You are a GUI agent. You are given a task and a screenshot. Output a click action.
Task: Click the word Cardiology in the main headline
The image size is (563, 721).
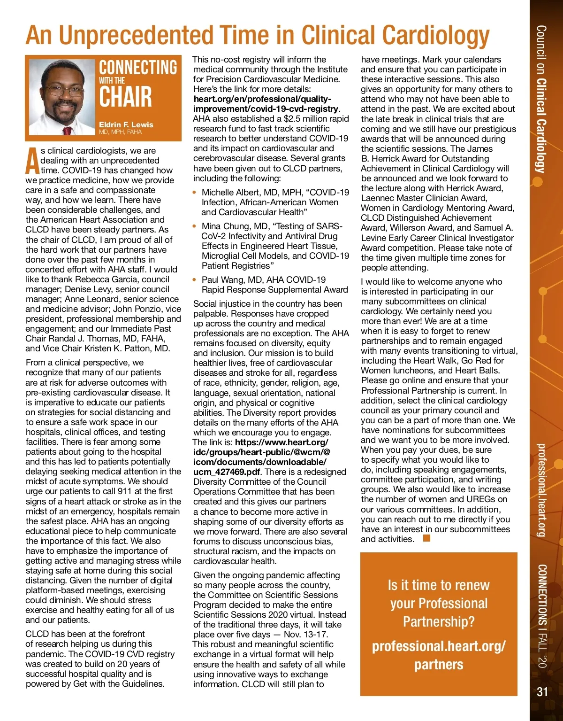pyautogui.click(x=436, y=36)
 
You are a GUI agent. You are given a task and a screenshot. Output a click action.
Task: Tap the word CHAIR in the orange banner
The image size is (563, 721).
pyautogui.click(x=125, y=97)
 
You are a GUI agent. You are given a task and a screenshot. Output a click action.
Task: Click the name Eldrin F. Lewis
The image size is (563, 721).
pyautogui.click(x=126, y=124)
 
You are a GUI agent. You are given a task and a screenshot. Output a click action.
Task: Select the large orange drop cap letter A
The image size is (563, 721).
pyautogui.click(x=32, y=161)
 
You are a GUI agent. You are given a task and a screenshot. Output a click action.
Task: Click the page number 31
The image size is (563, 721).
pyautogui.click(x=542, y=691)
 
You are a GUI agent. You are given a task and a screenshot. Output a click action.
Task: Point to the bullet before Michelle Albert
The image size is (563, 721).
pyautogui.click(x=195, y=193)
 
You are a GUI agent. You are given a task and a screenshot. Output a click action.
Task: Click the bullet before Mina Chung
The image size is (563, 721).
pyautogui.click(x=195, y=226)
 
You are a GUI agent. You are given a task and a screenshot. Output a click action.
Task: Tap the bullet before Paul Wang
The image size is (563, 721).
pyautogui.click(x=195, y=280)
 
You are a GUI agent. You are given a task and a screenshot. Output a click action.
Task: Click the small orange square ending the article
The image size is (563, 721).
pyautogui.click(x=426, y=538)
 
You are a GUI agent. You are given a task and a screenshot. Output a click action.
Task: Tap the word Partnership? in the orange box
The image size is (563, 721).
pyautogui.click(x=439, y=622)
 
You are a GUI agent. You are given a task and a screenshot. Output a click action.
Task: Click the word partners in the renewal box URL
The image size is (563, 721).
pyautogui.click(x=439, y=665)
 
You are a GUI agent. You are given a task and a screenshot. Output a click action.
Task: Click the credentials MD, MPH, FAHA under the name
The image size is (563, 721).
pyautogui.click(x=120, y=132)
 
